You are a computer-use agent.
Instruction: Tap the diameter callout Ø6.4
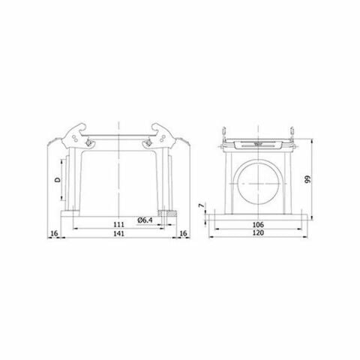(147, 219)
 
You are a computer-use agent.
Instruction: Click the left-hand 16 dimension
(53, 235)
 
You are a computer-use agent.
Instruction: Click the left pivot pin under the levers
(90, 144)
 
